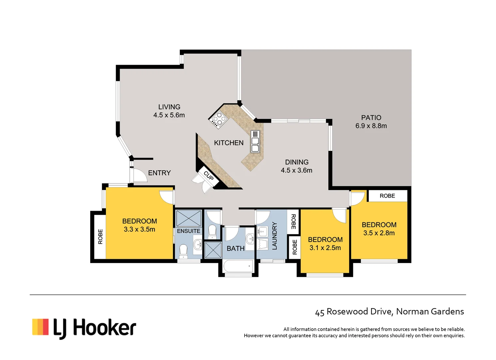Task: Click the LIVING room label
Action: point(169,107)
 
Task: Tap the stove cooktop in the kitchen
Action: point(218,119)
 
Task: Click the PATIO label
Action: point(371,118)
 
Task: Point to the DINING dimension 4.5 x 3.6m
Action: point(296,170)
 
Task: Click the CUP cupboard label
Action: point(209,176)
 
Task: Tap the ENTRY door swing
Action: point(139,176)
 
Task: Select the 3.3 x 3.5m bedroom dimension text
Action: point(139,229)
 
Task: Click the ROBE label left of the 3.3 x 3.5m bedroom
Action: point(100,237)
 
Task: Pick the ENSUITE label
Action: point(189,231)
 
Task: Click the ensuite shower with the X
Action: point(189,218)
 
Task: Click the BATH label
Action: point(236,249)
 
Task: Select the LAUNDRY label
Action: point(274,236)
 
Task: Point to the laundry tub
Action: point(263,244)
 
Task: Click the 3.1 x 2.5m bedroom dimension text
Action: point(325,248)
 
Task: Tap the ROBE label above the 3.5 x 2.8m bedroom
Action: point(387,196)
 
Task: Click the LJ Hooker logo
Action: point(84,328)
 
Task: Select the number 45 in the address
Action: point(319,312)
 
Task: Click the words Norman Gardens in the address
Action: point(430,311)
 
